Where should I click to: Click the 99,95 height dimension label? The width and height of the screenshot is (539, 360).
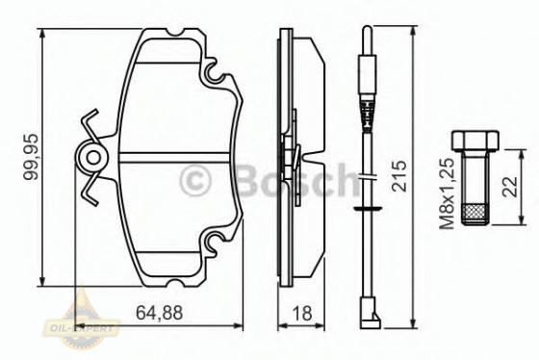[x=29, y=156]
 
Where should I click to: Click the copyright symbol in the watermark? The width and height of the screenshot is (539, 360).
[x=195, y=180]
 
